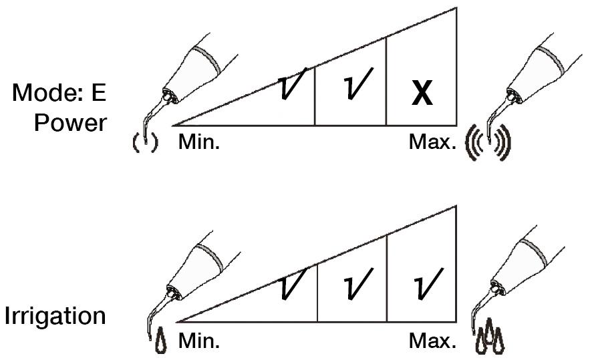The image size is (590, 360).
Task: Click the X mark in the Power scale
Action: (422, 93)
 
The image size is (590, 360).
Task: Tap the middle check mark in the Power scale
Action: (357, 84)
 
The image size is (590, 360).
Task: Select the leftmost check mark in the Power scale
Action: (292, 84)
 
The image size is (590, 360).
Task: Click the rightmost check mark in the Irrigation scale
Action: (428, 285)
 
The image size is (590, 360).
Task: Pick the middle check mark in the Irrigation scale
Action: (357, 285)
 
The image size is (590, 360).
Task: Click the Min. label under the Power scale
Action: (198, 142)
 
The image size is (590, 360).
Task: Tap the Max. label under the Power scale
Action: (432, 142)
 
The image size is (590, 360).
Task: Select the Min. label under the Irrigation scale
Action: (198, 341)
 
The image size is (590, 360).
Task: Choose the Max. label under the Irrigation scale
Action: (432, 341)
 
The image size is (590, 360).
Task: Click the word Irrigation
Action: (55, 316)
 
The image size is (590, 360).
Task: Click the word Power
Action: (70, 123)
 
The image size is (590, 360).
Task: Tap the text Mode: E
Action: (59, 92)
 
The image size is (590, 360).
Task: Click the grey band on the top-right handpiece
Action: (551, 60)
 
